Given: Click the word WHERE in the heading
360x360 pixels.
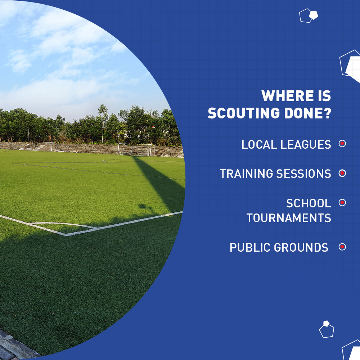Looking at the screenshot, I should click(284, 96).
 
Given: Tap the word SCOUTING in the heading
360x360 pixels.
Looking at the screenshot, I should click(243, 114).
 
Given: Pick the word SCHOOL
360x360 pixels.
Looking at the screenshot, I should click(309, 203).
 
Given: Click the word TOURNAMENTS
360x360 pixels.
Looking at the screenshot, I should click(289, 218).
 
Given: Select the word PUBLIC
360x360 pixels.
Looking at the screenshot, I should click(250, 247).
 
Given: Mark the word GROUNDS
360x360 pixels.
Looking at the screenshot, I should click(301, 247).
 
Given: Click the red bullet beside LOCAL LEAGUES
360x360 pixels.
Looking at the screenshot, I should click(342, 144).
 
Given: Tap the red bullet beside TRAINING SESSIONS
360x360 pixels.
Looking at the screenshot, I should click(342, 173).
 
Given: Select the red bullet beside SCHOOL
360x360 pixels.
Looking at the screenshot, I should click(342, 203).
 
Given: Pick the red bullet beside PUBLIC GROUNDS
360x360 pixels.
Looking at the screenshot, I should click(342, 247).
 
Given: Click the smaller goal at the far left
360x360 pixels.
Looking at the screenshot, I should click(42, 146).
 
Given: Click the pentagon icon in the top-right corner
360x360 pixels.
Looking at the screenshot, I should click(309, 15).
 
